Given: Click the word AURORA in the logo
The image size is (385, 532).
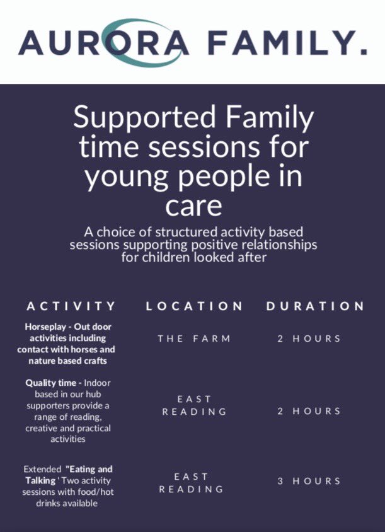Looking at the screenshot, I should (104, 42).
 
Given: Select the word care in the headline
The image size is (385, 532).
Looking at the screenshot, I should (192, 207).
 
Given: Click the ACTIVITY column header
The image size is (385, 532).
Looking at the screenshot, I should (71, 306).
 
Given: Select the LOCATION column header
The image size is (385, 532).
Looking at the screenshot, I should (194, 306).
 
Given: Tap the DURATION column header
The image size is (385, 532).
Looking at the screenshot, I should (315, 306).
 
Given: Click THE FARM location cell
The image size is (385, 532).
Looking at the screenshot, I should (194, 338).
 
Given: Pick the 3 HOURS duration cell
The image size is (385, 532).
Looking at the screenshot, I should (309, 481).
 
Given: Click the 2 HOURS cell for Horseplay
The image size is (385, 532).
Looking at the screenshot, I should (309, 338).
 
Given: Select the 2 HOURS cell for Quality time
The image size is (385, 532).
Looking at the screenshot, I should (309, 411).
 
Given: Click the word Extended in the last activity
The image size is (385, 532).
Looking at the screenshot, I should (42, 470).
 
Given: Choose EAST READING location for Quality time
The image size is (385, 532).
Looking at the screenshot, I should (194, 405).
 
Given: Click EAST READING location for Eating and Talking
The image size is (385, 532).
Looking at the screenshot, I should (192, 483).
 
